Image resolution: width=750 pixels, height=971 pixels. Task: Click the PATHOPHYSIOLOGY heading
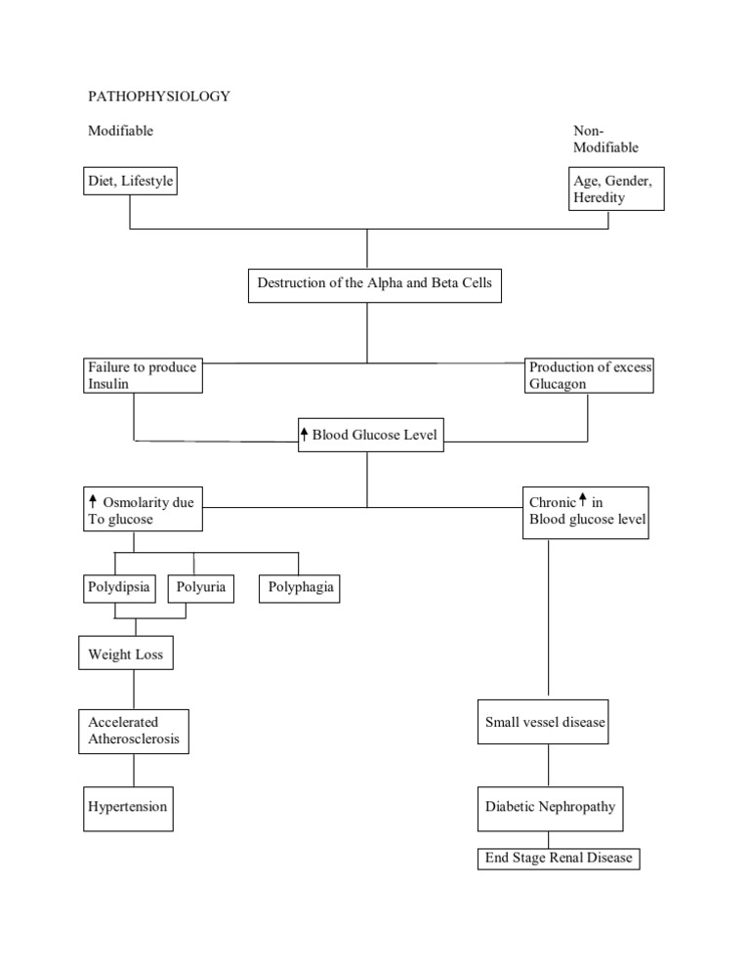coord(158,97)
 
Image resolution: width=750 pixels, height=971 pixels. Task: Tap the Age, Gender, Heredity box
coord(616,189)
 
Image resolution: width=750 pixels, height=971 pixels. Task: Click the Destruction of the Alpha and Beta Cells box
coord(375,284)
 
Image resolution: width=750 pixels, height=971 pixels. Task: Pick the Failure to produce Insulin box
coord(143,376)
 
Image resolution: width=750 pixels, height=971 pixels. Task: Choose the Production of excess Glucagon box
coord(590,376)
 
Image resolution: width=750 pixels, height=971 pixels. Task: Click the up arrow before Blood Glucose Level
coord(305,435)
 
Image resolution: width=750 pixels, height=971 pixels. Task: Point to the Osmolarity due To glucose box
coord(143,511)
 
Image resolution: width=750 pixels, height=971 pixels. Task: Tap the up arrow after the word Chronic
coord(583,501)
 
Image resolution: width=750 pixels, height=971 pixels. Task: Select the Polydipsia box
coord(118,588)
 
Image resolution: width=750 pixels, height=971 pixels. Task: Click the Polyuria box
coord(202,588)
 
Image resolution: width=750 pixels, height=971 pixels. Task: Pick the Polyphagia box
coord(301,588)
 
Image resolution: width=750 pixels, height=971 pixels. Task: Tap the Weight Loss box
coord(126,654)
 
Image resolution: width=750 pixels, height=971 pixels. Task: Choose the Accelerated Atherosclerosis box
coord(134,732)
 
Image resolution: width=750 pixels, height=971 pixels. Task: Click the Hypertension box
coord(128,808)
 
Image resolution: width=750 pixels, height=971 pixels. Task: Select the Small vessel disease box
coord(545,724)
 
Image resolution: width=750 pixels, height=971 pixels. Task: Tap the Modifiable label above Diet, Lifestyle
coord(121,131)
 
